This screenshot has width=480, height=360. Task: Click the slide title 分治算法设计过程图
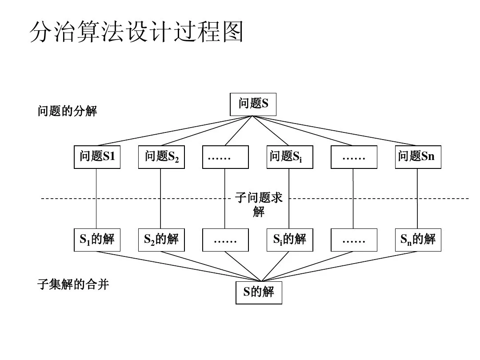tap(137, 32)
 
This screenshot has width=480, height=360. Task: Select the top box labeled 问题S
tap(253, 104)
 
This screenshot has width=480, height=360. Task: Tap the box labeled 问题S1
tap(97, 157)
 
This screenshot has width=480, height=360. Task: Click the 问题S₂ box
tap(161, 157)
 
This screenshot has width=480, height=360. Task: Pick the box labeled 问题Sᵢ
tap(290, 157)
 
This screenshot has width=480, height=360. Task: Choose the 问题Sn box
tap(418, 157)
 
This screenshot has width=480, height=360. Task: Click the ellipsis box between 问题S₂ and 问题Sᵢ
tap(225, 157)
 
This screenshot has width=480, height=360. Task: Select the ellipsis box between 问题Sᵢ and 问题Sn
tap(354, 157)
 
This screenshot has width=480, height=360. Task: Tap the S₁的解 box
tap(97, 240)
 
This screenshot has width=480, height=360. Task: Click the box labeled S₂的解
tap(161, 240)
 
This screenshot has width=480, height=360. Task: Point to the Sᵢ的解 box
tap(290, 240)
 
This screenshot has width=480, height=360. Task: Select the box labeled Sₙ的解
tap(418, 240)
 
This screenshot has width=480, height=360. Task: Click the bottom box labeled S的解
tap(259, 292)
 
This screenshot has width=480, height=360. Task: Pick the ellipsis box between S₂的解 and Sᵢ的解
tap(225, 240)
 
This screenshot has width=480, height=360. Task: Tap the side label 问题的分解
tap(67, 111)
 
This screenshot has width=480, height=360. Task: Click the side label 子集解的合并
tap(73, 284)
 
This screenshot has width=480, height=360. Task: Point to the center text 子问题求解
tap(259, 204)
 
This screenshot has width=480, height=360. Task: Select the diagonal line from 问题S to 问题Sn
tap(338, 131)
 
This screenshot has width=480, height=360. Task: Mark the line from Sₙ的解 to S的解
tap(338, 266)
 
